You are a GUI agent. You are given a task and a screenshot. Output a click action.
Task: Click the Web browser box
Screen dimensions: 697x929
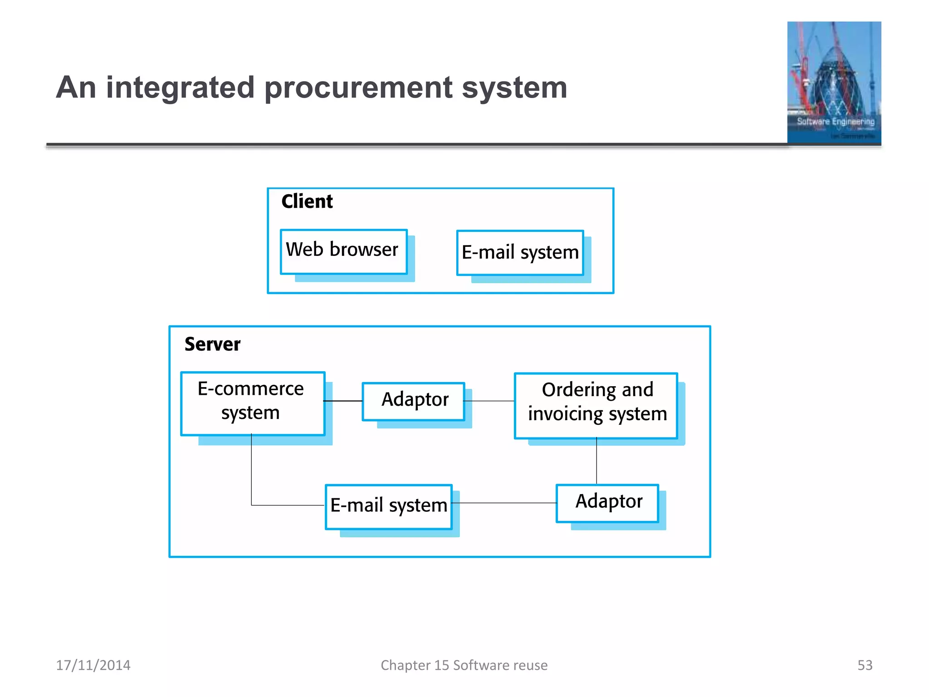[x=343, y=251]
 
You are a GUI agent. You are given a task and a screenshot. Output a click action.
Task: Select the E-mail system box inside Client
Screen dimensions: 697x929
[x=520, y=253]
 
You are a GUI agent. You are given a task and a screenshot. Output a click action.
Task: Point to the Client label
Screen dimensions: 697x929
[x=307, y=201]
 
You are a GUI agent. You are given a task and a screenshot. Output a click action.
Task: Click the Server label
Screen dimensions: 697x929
[x=212, y=344]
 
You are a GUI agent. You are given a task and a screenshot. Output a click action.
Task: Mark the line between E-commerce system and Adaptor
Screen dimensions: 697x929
[x=343, y=401]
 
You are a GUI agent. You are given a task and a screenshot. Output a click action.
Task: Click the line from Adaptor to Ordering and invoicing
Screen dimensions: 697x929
[x=489, y=401]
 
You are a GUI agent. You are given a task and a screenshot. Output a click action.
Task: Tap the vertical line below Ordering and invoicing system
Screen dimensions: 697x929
[x=597, y=461]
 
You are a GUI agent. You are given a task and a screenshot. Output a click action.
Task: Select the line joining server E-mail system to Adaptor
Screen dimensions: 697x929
[x=504, y=503]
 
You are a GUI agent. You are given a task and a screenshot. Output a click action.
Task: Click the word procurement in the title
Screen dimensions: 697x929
[x=358, y=88]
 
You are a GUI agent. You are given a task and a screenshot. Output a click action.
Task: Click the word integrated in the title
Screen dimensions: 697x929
[x=180, y=88]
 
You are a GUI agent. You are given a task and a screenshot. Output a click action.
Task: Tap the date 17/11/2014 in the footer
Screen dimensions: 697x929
[x=93, y=665]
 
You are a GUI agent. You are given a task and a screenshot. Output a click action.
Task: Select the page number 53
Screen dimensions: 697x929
[x=865, y=665]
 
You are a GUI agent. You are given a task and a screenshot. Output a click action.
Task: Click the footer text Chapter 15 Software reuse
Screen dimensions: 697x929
[x=464, y=665]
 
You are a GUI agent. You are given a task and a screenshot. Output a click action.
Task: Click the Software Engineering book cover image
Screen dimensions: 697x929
[x=834, y=83]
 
